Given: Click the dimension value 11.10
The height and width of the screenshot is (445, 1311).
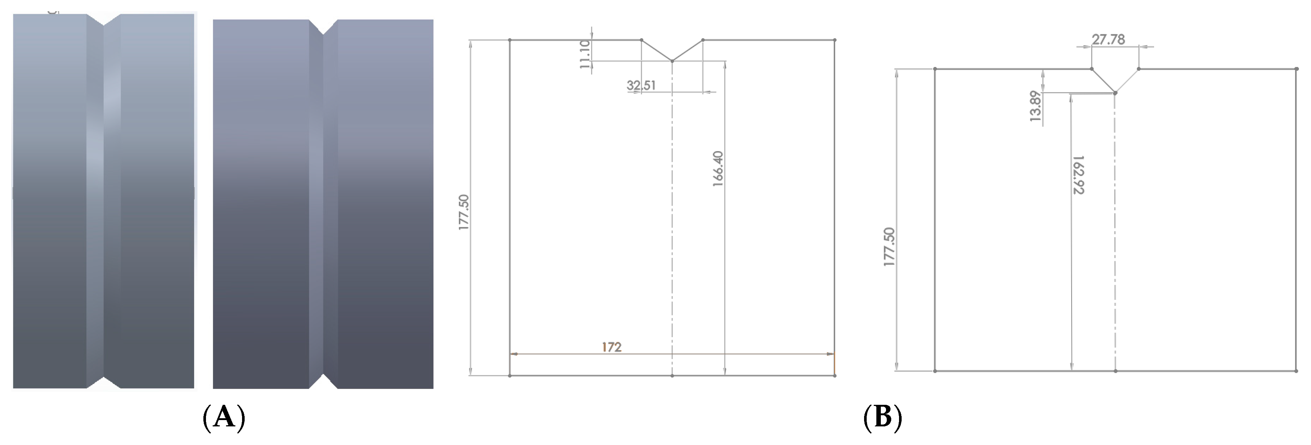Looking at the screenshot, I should click(x=585, y=54).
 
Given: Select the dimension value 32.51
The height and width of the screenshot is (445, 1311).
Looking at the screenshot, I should click(x=641, y=85).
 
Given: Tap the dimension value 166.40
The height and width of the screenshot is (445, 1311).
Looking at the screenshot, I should click(x=718, y=169).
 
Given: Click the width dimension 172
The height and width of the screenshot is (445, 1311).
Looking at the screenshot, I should click(x=611, y=347).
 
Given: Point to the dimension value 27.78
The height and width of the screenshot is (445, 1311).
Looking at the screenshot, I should click(x=1108, y=39).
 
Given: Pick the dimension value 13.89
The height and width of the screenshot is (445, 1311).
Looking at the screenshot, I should click(x=1035, y=106).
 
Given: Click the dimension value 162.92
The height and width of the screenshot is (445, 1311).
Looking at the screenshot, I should click(x=1078, y=175).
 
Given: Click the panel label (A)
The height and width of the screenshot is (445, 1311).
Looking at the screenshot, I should click(x=224, y=417).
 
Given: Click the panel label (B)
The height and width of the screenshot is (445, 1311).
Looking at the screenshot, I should click(x=882, y=417).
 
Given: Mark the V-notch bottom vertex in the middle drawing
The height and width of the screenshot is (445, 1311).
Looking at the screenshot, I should click(x=672, y=61).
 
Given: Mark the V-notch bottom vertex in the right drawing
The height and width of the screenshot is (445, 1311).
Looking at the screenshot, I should click(x=1115, y=93).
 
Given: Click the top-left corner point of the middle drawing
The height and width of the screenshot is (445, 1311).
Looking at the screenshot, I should click(x=509, y=40).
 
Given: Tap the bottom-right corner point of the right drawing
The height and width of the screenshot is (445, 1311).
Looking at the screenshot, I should click(x=1296, y=371).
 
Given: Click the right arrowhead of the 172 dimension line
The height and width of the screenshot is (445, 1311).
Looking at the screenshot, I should click(x=831, y=353).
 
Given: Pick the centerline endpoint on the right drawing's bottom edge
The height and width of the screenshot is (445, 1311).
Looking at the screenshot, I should click(x=1115, y=371).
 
